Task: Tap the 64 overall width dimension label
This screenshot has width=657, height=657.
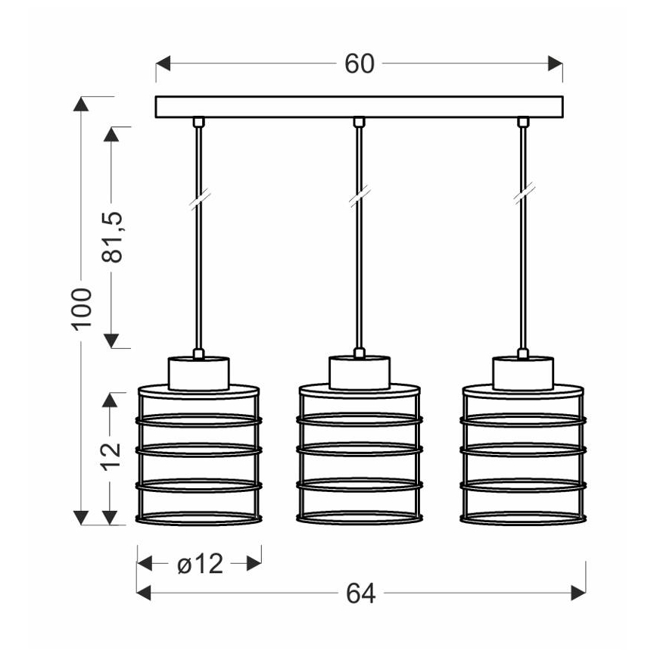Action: (361, 594)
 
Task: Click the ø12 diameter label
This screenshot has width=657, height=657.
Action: (200, 563)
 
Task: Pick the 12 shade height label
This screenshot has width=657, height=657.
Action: (111, 454)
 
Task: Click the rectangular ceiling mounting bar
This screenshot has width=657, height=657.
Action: (360, 107)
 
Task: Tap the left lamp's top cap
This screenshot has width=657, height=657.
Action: (198, 373)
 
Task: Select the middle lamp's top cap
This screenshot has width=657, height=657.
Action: (360, 373)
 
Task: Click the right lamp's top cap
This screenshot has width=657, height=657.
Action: (522, 373)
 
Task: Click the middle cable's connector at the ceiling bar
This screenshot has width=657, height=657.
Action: (360, 122)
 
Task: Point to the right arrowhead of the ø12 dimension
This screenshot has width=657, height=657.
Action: (254, 563)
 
